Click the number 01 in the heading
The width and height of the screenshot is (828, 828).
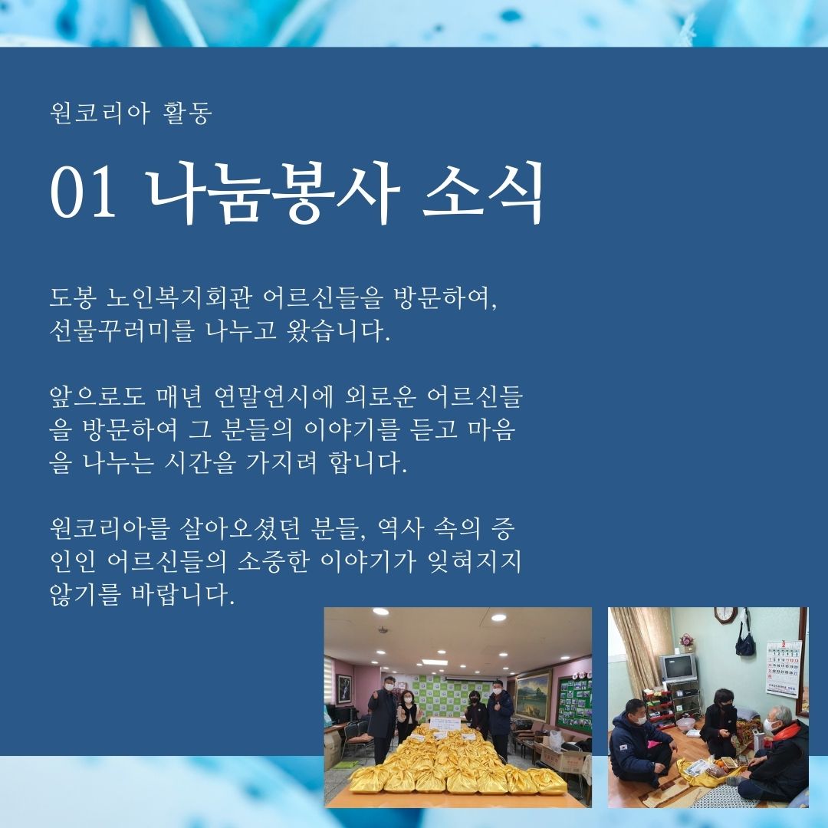coord(83,192)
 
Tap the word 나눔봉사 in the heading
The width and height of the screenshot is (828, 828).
coord(271,192)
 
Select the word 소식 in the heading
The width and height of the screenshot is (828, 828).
coord(483,192)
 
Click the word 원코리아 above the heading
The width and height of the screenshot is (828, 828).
coord(100,113)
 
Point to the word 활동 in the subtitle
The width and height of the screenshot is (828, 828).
coord(189,113)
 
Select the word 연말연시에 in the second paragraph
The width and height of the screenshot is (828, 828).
coord(274,397)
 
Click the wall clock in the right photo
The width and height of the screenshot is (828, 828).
coord(726,614)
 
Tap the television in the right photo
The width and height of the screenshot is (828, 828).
coord(678,666)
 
